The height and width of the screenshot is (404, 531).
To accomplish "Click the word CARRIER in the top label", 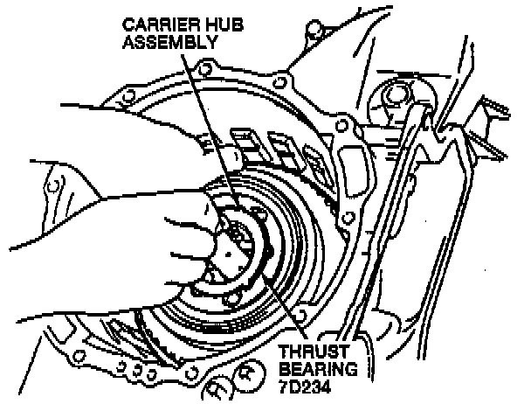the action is coord(159,24).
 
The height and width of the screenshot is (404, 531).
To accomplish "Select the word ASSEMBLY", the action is coord(169,42).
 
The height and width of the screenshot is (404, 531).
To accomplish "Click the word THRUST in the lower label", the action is coord(314,352).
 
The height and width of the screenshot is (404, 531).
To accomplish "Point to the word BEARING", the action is coord(318,369).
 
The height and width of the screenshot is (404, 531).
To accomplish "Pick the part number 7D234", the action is coord(305,387).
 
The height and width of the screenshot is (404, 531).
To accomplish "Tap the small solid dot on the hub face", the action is coord(228,254).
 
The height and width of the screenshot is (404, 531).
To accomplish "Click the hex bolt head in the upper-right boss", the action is coord(393,94).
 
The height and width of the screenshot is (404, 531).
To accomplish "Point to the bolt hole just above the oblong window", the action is coord(342,127).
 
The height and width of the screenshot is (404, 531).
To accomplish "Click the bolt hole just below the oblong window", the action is coord(347,218).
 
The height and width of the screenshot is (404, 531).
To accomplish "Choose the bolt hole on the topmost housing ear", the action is coord(314,27).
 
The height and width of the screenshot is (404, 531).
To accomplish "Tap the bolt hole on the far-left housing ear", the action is coord(52,186).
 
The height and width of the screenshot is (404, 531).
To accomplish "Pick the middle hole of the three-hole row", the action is coord(137,370).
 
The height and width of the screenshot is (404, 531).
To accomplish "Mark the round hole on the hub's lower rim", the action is coord(232,299).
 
